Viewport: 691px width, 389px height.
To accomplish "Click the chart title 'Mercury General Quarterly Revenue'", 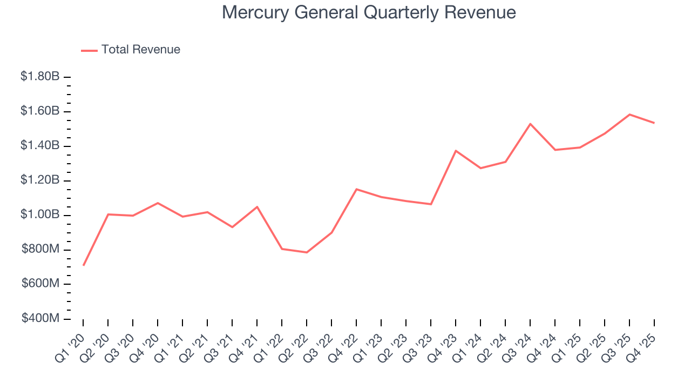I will (x=369, y=12).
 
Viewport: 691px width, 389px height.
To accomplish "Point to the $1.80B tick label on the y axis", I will (x=40, y=77).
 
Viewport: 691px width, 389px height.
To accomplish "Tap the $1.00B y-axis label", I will (x=40, y=215).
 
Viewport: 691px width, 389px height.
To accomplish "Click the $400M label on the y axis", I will (x=40, y=319).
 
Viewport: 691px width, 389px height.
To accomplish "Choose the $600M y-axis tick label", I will (x=40, y=284).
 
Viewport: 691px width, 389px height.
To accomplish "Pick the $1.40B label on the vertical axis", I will (x=40, y=146).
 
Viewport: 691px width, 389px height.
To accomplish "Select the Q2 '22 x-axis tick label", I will (x=295, y=344).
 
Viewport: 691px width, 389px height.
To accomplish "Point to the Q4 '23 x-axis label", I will (x=444, y=344).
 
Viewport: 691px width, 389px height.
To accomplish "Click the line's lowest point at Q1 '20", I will (x=83, y=265).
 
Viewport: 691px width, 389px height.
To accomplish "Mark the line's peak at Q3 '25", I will (x=629, y=115).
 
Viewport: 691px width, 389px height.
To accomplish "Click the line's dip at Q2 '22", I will (x=307, y=252).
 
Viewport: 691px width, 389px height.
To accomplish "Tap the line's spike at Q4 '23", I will (x=456, y=151).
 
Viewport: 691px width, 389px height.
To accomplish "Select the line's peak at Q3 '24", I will (x=530, y=124).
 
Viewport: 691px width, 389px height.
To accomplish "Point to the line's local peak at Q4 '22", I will (x=356, y=189).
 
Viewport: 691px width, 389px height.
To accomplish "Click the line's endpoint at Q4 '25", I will (x=654, y=123).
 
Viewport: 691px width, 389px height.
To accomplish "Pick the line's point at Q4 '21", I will (x=257, y=207).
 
